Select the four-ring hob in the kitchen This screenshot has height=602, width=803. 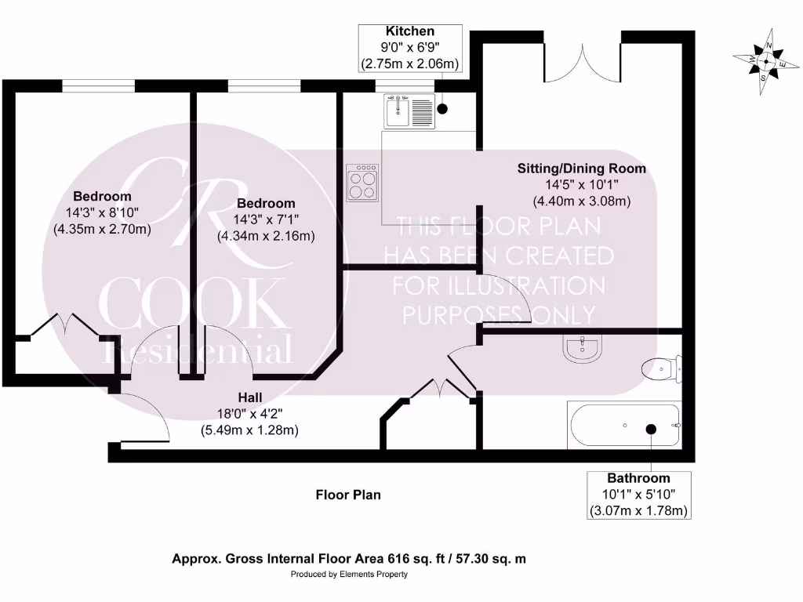(363, 183)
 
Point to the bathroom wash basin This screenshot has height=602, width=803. (583, 348)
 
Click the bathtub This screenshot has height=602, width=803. (623, 426)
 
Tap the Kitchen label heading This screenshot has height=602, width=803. (409, 31)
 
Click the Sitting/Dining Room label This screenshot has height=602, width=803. (581, 169)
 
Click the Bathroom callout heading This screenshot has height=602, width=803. (638, 478)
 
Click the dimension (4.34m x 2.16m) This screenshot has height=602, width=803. (266, 235)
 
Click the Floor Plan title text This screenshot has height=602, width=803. (348, 495)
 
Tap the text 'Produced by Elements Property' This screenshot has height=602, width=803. (349, 575)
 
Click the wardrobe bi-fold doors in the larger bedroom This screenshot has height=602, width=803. (63, 324)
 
